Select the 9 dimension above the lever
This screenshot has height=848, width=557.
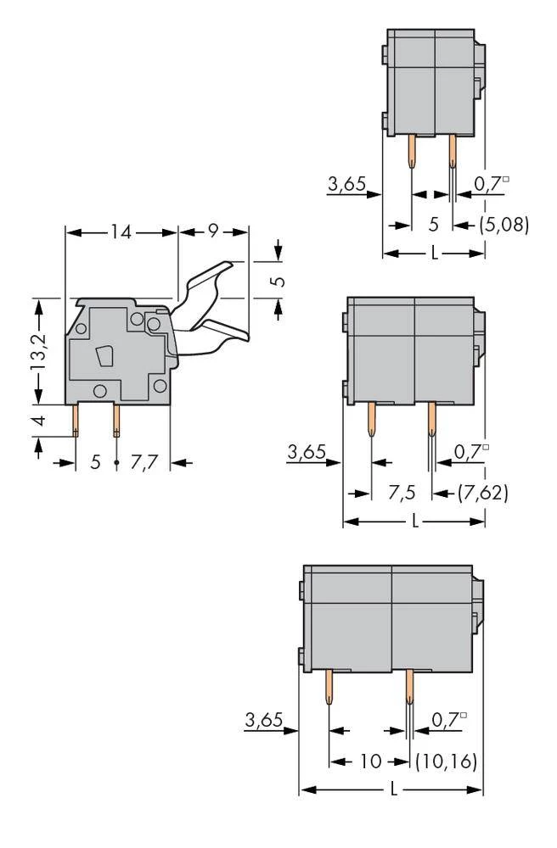point(212,232)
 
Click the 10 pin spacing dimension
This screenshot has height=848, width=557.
point(370,762)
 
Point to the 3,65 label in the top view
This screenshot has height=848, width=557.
point(346,183)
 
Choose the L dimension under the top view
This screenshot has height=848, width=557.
point(435,254)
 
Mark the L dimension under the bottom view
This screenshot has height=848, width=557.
point(393,790)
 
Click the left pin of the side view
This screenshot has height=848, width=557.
point(76,419)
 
